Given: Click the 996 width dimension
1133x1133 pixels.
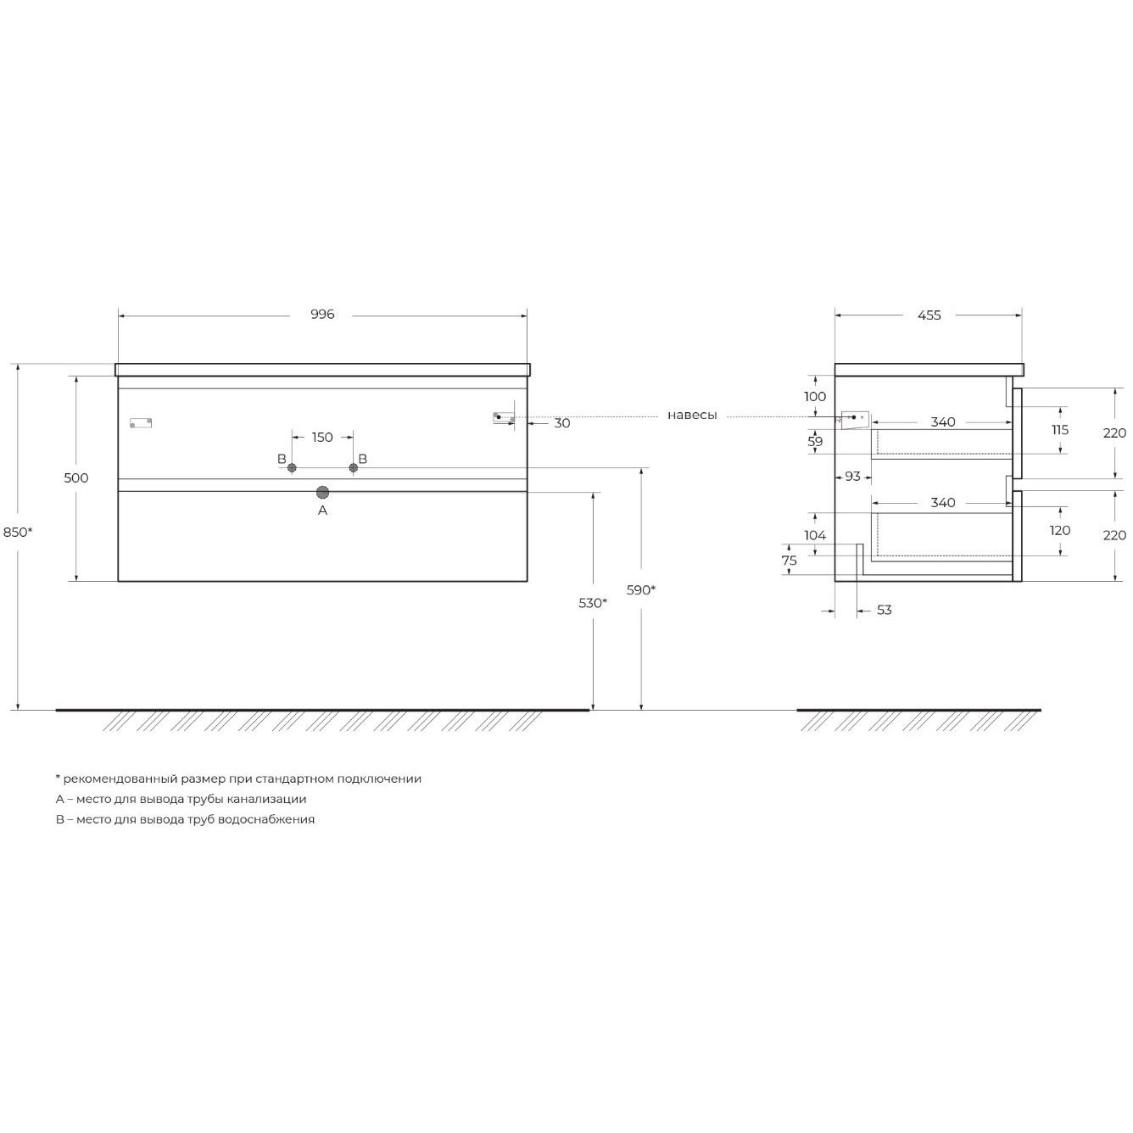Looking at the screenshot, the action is coord(322,315).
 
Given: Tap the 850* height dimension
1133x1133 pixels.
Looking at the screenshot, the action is coord(18,533).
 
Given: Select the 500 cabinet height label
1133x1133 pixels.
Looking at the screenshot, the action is coord(75,478).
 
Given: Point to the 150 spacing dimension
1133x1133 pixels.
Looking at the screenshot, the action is coord(322,438).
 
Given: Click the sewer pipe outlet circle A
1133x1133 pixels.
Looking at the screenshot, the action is coord(322,493).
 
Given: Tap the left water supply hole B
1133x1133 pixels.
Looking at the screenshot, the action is coord(292,468).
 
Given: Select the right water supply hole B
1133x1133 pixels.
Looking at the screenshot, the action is coord(354,468).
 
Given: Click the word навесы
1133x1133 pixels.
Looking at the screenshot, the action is coord(692,416).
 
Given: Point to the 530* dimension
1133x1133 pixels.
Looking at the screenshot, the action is coord(592,603).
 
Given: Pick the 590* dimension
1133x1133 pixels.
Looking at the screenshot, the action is coord(640,590).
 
